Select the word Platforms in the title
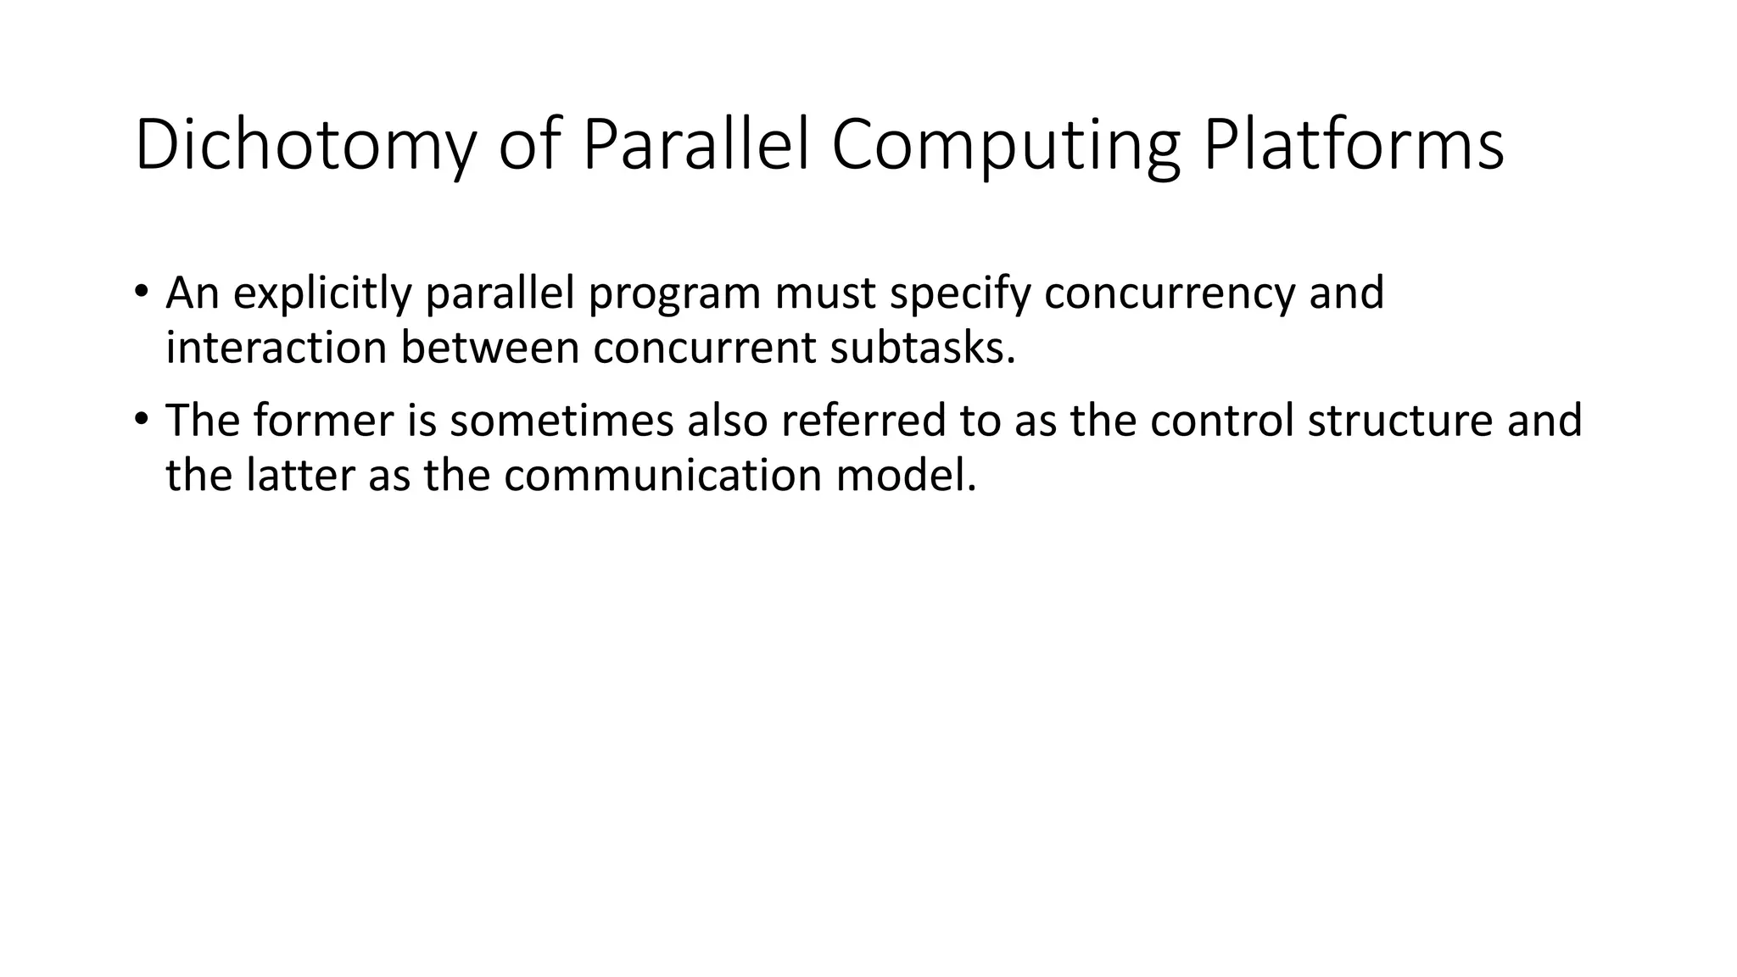tap(1354, 146)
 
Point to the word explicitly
tap(321, 293)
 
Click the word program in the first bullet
tap(677, 293)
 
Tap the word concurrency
tap(1170, 293)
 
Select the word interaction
tap(276, 348)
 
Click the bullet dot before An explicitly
tap(141, 291)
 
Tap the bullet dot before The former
tap(141, 418)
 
